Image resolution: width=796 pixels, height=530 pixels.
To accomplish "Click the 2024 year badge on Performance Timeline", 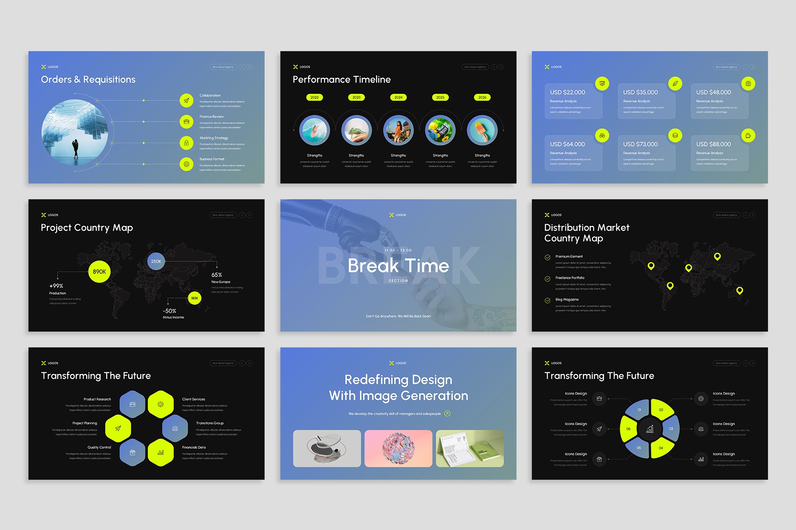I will tap(398, 97).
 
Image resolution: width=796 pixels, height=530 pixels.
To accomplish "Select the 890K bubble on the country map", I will tap(99, 272).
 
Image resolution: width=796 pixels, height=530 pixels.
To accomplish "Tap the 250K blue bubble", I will tap(156, 261).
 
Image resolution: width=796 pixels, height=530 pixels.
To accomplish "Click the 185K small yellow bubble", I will tap(194, 298).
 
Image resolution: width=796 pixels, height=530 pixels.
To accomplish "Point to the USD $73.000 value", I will tap(640, 144).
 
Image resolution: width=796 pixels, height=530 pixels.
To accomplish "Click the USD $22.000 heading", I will tap(567, 92).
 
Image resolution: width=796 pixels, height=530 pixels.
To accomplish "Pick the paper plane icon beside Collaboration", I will tap(186, 100).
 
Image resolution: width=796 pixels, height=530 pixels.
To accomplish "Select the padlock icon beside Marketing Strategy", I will tap(186, 143).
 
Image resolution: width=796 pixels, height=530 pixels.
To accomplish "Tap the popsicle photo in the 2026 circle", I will tap(482, 130).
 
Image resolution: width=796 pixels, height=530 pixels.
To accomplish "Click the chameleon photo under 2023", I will tap(356, 130).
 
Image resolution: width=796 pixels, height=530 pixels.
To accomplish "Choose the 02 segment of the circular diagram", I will tap(661, 410).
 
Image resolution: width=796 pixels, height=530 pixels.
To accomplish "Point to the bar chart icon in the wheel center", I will tap(650, 429).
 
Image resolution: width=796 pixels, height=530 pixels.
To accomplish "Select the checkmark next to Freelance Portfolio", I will tap(547, 279).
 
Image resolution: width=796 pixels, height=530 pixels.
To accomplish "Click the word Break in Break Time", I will tap(373, 266).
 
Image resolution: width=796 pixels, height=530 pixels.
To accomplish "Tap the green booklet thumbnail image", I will tap(470, 448).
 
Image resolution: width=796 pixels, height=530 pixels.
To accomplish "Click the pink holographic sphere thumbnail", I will tap(398, 448).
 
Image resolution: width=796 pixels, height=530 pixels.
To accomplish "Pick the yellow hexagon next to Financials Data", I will tap(161, 453).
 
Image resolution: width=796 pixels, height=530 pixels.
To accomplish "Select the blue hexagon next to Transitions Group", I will tap(175, 429).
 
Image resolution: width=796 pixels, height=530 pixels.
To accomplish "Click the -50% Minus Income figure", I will tap(170, 311).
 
